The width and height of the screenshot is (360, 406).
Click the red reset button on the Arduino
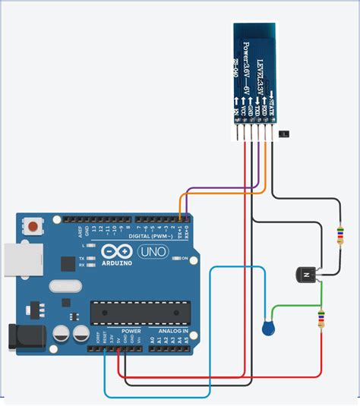pos(33,226)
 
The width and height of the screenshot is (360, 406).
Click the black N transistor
pos(306,274)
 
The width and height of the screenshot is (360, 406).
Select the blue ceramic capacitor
pos(267,328)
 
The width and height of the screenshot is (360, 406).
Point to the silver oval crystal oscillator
pos(65,287)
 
